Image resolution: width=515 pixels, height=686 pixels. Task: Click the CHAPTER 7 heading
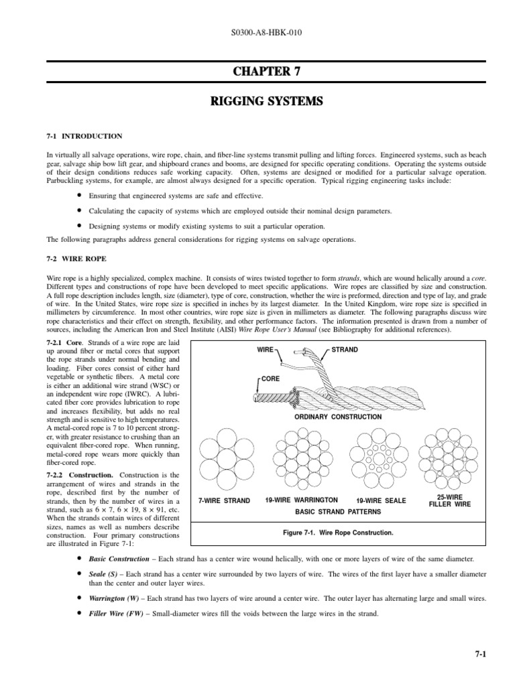coord(257,71)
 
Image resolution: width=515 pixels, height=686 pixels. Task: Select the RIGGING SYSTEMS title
coord(257,102)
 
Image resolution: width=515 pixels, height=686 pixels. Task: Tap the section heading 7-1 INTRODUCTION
coord(84,136)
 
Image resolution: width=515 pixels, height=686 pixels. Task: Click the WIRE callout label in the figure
coord(267,350)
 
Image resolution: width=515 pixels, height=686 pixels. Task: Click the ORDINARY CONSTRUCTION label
coord(338,417)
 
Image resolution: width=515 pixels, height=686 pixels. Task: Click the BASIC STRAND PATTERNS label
coord(334,511)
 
